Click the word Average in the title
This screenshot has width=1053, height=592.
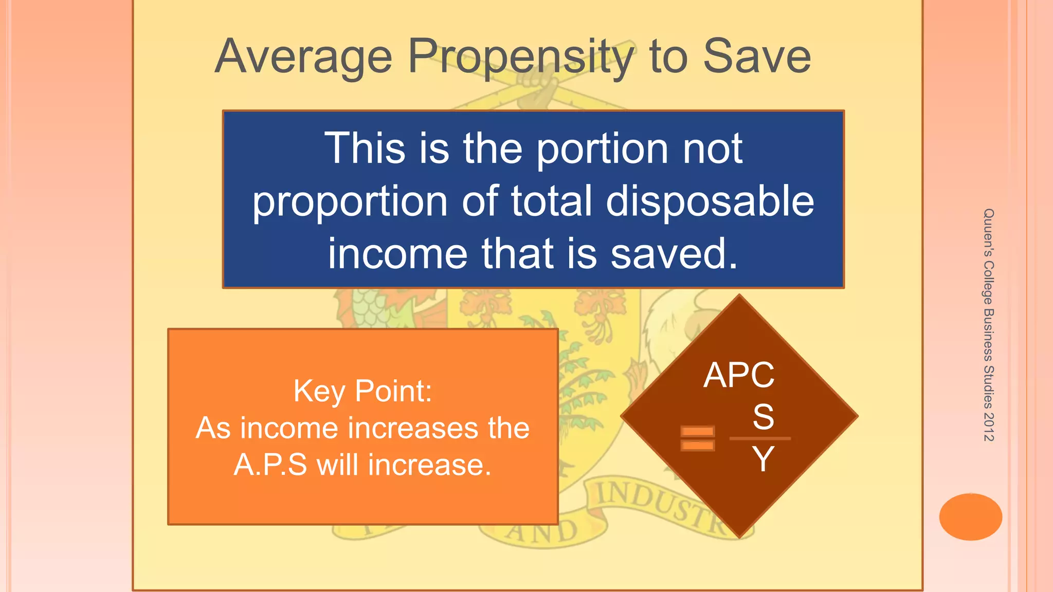(303, 58)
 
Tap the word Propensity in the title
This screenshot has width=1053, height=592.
(521, 58)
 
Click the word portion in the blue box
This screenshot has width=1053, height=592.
(603, 149)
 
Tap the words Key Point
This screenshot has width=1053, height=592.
(362, 391)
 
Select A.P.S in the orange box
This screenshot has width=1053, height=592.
(270, 465)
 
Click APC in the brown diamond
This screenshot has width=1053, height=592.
(739, 375)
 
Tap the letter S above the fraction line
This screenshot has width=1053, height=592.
(763, 416)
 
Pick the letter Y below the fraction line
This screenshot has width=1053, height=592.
(763, 458)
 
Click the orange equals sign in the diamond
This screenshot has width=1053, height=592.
(697, 438)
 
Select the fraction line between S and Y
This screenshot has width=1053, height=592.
(760, 438)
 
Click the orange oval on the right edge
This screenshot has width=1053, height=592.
(970, 516)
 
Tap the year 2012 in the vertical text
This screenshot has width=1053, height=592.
(988, 427)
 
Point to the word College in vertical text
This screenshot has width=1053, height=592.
(988, 283)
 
